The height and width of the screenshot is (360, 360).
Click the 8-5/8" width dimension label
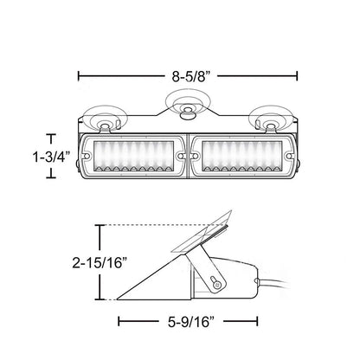[x=190, y=76]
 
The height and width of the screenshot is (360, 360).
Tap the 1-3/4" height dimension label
[x=51, y=157]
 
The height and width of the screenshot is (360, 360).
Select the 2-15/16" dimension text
[x=100, y=263]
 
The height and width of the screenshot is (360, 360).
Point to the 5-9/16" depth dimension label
[x=191, y=322]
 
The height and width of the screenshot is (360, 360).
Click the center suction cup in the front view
[x=188, y=105]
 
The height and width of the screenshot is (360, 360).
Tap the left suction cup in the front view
[x=105, y=119]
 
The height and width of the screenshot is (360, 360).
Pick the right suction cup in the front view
[x=271, y=119]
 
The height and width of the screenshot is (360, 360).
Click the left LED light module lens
[x=134, y=156]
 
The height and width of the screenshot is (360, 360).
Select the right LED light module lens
[x=242, y=156]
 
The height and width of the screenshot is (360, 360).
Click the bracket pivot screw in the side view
[x=215, y=285]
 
